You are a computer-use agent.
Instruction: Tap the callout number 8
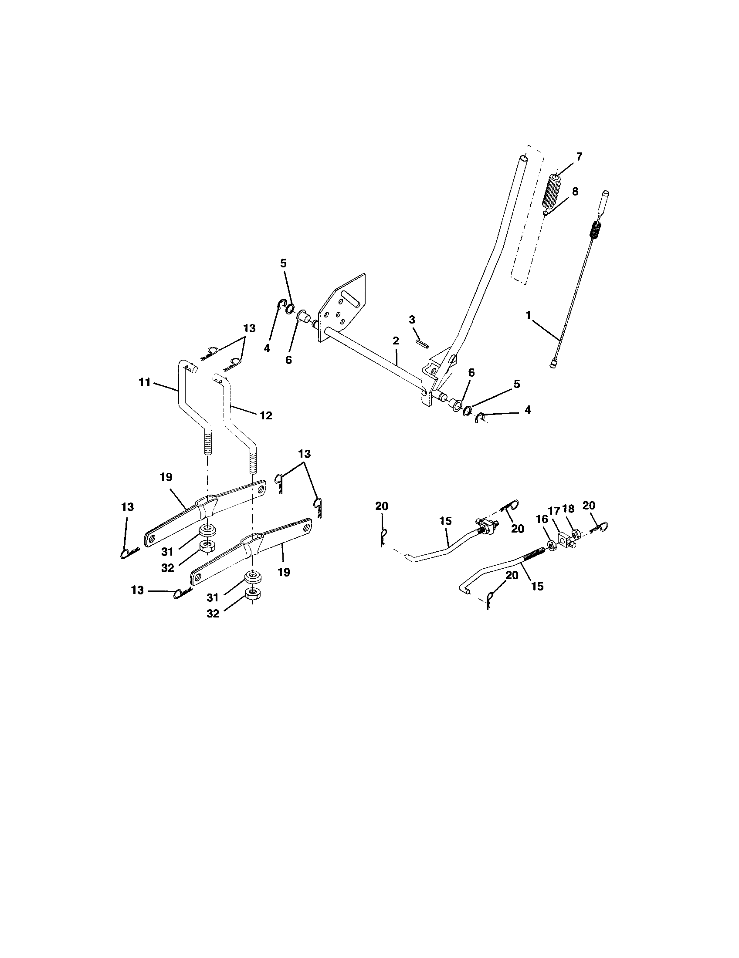click(x=575, y=192)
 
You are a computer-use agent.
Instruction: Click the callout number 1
click(x=529, y=315)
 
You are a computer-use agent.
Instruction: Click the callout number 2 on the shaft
click(x=396, y=341)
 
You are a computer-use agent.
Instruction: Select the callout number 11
click(x=145, y=382)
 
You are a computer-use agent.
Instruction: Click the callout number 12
click(x=266, y=415)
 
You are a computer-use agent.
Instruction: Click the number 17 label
click(x=554, y=511)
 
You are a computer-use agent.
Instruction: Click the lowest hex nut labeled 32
click(x=253, y=594)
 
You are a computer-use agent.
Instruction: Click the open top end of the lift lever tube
click(x=523, y=158)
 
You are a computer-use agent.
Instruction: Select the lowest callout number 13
click(x=137, y=590)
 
